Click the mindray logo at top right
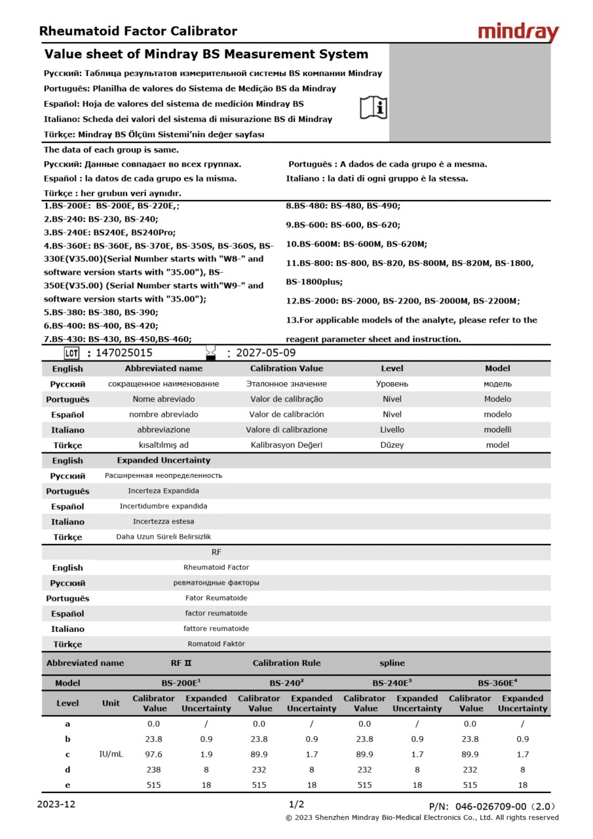[518, 32]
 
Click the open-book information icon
[373, 107]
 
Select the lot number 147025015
[124, 353]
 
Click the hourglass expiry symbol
[210, 352]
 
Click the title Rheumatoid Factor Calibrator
[138, 31]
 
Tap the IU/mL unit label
[111, 754]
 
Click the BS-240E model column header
[392, 682]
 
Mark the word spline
[392, 663]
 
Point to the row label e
[67, 785]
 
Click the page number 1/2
[296, 804]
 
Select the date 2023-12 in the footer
[57, 804]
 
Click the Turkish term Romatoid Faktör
[216, 644]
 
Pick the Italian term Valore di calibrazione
[286, 429]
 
